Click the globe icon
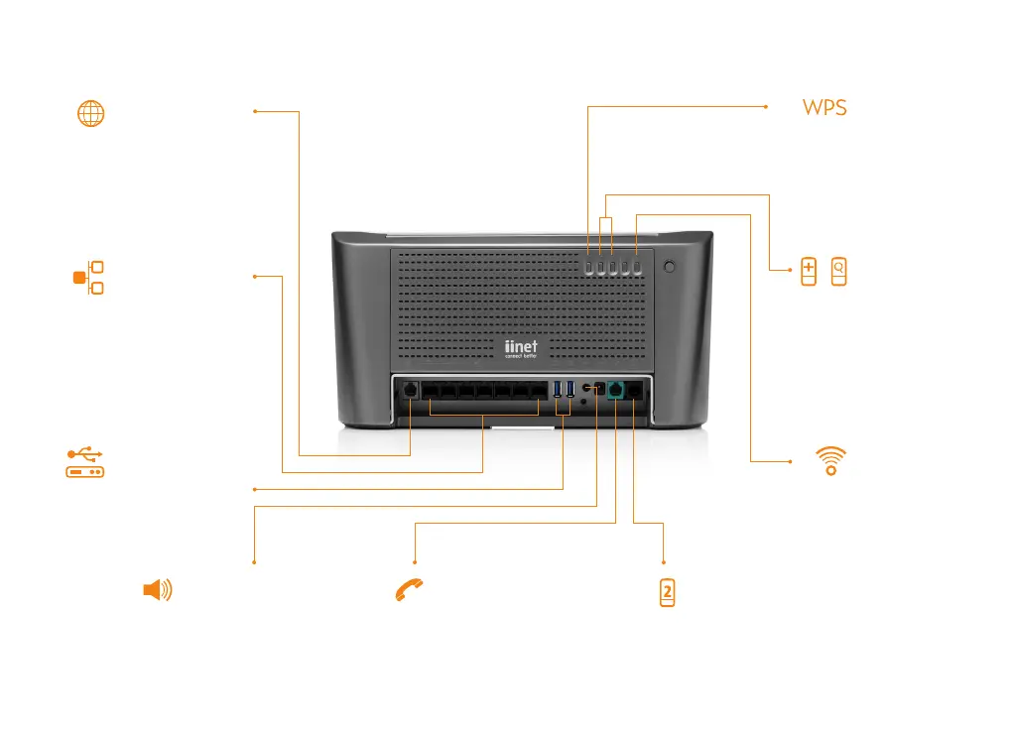tap(90, 113)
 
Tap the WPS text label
tap(824, 108)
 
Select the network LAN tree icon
tap(90, 278)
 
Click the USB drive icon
tap(85, 463)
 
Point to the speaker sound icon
tap(157, 591)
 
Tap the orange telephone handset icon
tap(408, 591)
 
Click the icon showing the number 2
tap(668, 593)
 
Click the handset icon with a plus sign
tap(809, 272)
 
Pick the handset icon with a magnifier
tap(839, 272)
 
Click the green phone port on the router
tap(615, 391)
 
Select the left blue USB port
tap(558, 389)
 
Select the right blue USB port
tap(570, 389)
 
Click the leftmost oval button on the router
tap(588, 267)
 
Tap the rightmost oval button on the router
tap(637, 267)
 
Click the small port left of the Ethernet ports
tap(411, 391)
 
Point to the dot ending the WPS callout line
tap(768, 106)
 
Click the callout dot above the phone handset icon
tap(414, 561)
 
